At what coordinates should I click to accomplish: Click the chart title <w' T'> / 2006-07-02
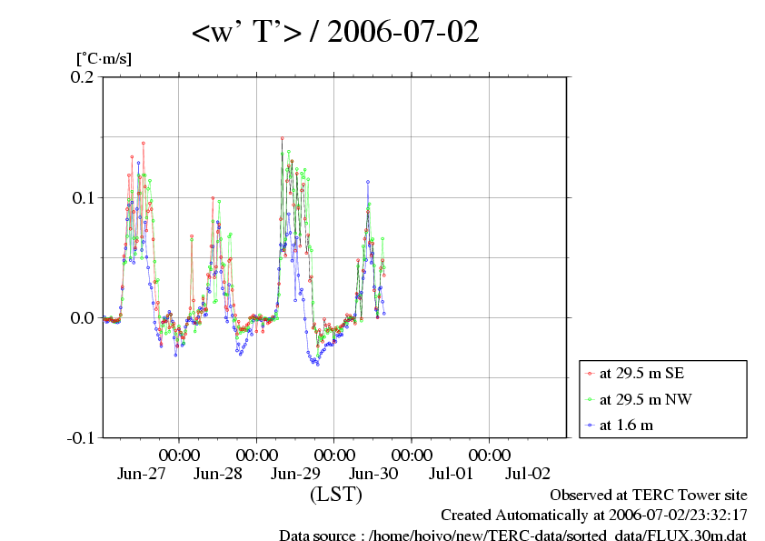pos(334,33)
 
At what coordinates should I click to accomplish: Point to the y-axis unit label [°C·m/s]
pos(104,59)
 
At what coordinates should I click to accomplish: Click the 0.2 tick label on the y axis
pos(82,77)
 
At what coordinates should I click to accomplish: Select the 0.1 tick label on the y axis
pos(82,197)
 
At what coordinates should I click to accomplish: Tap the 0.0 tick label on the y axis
pos(82,317)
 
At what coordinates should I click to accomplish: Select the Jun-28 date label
pos(218,473)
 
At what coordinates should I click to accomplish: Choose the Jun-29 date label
pos(295,473)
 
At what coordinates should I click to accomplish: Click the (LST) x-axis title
pos(335,495)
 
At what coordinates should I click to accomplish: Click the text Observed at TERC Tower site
pos(649,496)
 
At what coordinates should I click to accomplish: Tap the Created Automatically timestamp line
pos(594,516)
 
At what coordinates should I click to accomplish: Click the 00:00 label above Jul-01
pos(412,454)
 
